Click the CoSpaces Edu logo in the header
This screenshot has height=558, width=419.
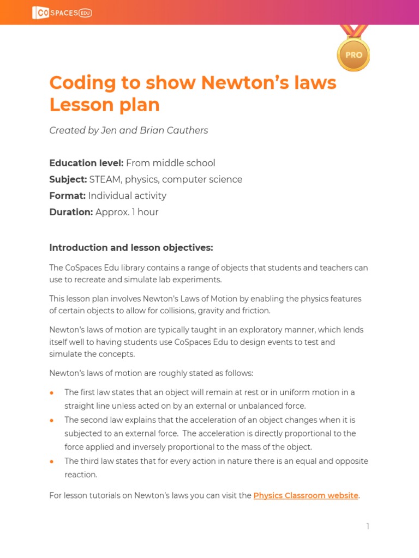(x=62, y=13)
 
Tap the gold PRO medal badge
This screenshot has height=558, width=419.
(x=354, y=54)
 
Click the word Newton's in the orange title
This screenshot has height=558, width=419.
(x=238, y=83)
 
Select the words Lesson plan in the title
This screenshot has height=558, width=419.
(x=104, y=105)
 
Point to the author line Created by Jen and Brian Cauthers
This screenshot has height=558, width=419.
(x=128, y=130)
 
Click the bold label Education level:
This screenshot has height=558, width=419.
(x=86, y=163)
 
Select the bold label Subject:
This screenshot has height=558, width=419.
(x=68, y=179)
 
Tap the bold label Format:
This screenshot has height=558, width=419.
(x=68, y=196)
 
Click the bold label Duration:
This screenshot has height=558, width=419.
(x=71, y=212)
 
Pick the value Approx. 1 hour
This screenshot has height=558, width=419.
(x=127, y=212)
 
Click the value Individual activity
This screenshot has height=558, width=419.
(x=127, y=196)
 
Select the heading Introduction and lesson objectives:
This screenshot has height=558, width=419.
(x=131, y=247)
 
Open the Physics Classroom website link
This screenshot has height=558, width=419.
(x=306, y=495)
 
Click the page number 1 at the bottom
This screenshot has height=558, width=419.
(x=368, y=526)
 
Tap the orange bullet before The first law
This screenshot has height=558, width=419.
(x=52, y=393)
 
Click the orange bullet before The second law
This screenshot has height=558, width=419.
(x=52, y=420)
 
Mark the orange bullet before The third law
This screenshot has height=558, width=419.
(x=52, y=461)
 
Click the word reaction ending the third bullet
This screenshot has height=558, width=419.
(x=80, y=475)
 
